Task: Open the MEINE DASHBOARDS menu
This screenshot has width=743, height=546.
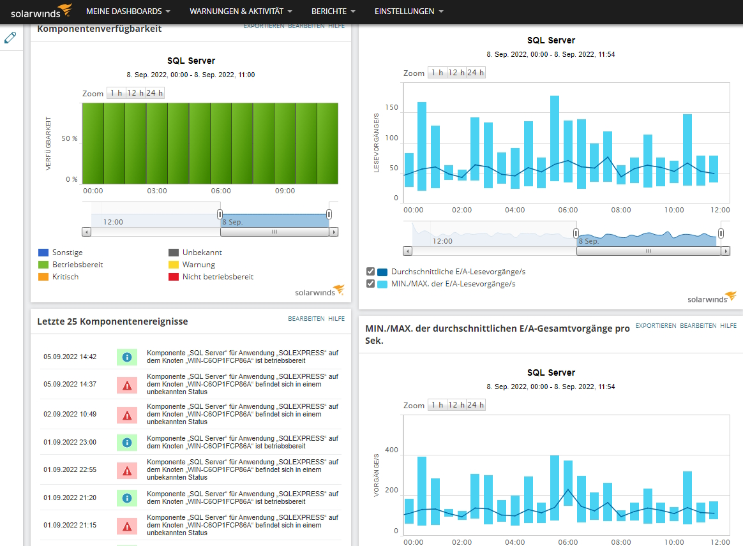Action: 128,11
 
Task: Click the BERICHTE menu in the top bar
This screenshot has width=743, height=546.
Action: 333,11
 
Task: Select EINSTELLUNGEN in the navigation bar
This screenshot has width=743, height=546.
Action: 409,11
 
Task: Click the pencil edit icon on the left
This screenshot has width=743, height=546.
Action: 10,38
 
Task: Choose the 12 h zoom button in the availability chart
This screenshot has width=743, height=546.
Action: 135,93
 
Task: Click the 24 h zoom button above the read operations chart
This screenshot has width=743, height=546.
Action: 476,73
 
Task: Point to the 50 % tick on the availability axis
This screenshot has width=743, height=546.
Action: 69,138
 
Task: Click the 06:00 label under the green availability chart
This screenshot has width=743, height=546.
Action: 221,191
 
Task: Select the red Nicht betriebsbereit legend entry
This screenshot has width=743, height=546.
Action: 211,277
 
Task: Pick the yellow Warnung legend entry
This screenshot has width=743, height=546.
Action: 192,265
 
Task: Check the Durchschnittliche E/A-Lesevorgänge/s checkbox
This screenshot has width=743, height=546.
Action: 371,272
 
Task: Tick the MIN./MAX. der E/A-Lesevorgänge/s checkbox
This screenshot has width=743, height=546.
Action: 371,284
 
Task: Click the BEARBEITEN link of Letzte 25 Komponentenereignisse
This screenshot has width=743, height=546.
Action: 306,319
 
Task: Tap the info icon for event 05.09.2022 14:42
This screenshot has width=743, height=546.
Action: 127,357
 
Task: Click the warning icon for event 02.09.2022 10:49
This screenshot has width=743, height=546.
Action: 127,415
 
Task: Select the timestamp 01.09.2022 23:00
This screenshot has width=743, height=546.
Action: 70,442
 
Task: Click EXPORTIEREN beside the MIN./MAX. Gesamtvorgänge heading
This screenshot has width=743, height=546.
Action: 656,326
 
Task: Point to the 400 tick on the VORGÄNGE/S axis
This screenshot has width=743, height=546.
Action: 391,450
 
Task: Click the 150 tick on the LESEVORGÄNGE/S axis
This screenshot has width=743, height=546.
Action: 391,108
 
